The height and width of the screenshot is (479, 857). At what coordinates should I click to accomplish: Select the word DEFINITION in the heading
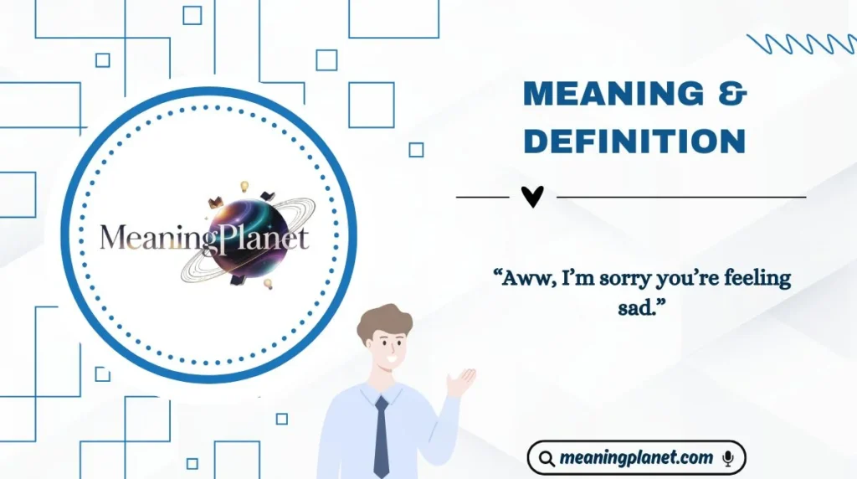(x=634, y=141)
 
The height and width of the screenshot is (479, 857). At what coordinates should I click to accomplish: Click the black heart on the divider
(x=532, y=197)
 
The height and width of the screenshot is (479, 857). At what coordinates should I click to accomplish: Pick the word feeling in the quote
(x=758, y=279)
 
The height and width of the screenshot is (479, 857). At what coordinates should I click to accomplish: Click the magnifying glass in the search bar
(x=547, y=458)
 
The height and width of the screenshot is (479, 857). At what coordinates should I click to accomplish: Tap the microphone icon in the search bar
(x=728, y=458)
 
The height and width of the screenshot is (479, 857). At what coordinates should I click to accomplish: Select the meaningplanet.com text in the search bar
(x=637, y=458)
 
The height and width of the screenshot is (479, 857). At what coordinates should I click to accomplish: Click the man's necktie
(x=382, y=436)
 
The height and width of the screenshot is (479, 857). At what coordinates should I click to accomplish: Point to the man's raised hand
(x=462, y=382)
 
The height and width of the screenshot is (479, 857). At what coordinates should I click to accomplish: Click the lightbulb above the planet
(x=245, y=186)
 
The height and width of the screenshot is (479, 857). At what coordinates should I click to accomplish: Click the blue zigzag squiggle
(x=800, y=44)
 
